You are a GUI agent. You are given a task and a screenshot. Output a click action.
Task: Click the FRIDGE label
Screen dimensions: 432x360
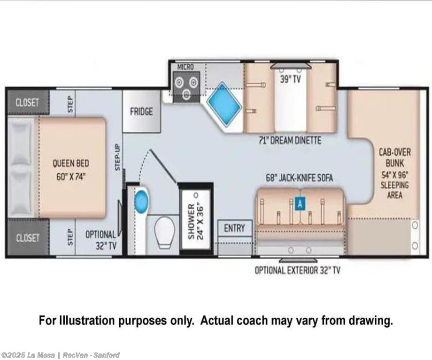pos(141,112)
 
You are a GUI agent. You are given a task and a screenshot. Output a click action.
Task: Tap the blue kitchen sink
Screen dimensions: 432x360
pos(224,104)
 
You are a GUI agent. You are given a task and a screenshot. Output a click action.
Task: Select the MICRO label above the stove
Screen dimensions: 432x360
pos(185,67)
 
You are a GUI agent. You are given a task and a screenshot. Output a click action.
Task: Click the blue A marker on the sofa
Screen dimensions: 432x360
pos(300,204)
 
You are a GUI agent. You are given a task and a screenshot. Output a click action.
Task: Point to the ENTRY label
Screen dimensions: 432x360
pos(234,228)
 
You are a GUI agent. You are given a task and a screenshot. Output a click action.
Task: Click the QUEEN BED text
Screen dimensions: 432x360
pos(71,163)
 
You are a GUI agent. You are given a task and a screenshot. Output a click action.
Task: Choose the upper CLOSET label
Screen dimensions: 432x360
pos(27,102)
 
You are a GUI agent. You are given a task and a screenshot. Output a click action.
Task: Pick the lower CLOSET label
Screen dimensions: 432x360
pos(27,237)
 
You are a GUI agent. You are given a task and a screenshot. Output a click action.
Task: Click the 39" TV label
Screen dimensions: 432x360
pos(290,80)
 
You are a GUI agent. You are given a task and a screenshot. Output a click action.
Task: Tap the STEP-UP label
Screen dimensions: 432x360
pos(118,157)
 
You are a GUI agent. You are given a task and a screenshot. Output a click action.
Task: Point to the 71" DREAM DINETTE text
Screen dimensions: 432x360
pos(290,140)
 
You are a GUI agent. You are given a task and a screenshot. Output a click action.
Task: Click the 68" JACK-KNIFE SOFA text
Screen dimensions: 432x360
pos(300,178)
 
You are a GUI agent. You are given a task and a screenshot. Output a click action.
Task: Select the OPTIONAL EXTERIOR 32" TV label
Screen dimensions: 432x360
pos(298,270)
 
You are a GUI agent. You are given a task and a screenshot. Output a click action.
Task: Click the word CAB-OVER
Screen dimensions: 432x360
pos(395,152)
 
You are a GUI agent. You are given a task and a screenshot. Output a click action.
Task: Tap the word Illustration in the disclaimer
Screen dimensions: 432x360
pos(87,321)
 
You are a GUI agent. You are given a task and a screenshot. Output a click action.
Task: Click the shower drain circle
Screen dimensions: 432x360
pos(196,195)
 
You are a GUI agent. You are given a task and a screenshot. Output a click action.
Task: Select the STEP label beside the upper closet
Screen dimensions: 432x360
pos(70,104)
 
